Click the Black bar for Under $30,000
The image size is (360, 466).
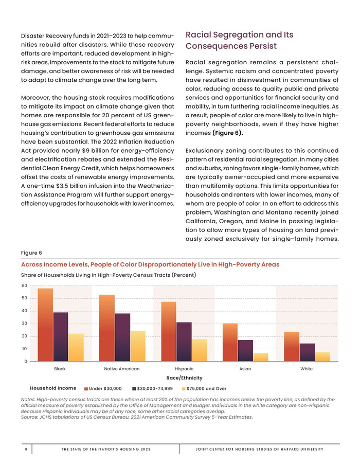tap(45, 325)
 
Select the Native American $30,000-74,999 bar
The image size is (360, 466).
tap(122, 337)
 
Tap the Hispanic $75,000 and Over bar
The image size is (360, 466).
tap(200, 350)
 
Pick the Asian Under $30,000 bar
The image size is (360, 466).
tap(230, 342)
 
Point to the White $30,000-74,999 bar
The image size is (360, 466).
tap(307, 352)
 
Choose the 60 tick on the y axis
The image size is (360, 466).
tap(25, 285)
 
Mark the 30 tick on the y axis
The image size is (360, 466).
tap(25, 324)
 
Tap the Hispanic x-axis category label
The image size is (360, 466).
tap(184, 369)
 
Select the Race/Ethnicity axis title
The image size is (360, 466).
tap(184, 378)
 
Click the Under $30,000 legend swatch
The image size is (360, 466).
tap(86, 389)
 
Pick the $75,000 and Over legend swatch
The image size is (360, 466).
tap(185, 389)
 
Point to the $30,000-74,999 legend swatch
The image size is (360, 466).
tap(134, 389)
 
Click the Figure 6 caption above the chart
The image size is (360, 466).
tap(31, 253)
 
